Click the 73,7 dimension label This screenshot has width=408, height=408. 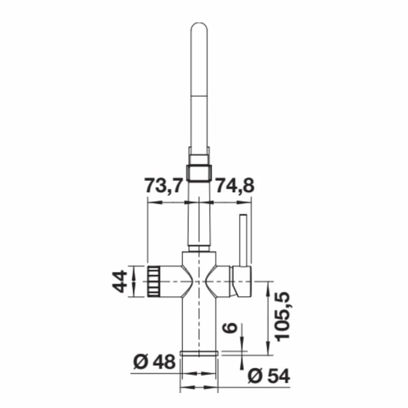164,186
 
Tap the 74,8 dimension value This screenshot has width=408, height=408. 235,186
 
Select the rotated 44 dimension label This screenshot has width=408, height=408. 120,281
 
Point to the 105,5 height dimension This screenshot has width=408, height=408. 282,316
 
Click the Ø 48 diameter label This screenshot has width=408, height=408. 154,362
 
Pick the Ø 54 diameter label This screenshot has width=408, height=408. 269,376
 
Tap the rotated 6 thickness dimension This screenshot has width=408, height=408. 230,328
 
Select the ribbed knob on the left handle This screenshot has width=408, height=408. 153,281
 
